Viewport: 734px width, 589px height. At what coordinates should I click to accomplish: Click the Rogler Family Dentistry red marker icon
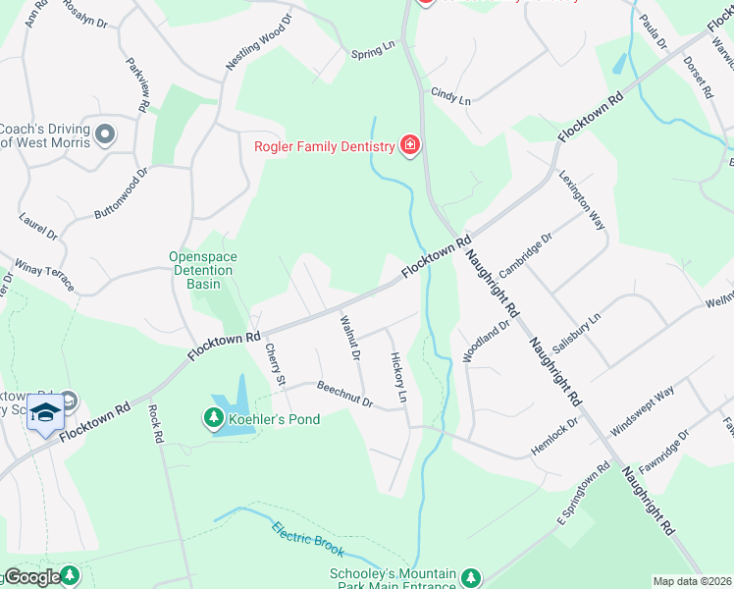click(410, 146)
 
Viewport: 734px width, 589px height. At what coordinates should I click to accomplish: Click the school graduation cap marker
click(45, 413)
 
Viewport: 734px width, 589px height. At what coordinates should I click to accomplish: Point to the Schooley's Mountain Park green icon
click(472, 578)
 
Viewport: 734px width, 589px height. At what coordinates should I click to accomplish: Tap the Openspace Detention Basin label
click(203, 270)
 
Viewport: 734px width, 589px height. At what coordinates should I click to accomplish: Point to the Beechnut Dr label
click(344, 396)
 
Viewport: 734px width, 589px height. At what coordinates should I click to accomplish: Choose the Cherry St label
click(276, 365)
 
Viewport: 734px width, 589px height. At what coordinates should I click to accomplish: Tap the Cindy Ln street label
click(451, 97)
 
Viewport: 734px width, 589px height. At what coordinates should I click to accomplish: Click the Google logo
click(31, 577)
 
